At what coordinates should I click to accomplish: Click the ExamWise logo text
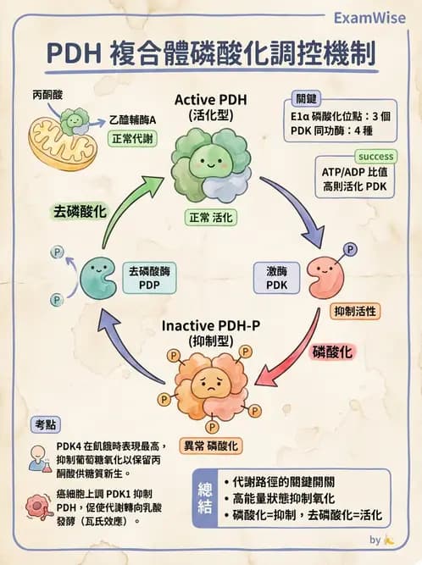click(369, 17)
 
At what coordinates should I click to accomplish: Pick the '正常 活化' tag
click(212, 217)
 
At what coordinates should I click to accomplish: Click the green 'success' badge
click(375, 157)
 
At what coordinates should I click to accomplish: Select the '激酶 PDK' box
click(277, 278)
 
